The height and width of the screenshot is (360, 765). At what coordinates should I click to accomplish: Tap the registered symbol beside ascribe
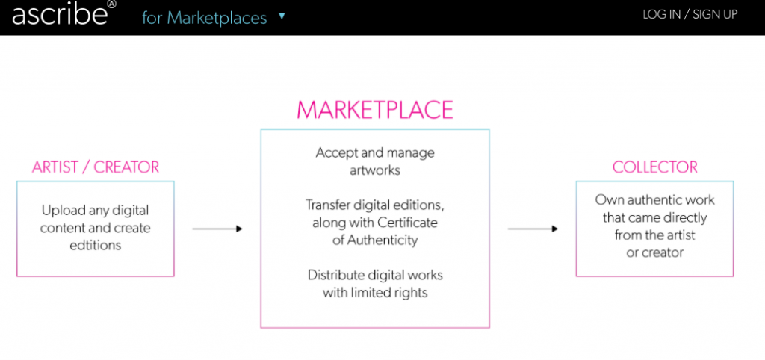tap(112, 4)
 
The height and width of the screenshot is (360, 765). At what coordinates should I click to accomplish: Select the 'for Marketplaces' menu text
tap(204, 17)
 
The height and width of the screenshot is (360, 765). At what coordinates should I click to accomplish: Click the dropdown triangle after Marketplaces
tap(282, 15)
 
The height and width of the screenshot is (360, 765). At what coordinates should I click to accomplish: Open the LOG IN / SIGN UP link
tap(690, 14)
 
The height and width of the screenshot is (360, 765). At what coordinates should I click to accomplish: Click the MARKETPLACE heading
tap(375, 110)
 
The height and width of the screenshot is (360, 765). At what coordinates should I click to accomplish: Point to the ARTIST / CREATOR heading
tap(96, 167)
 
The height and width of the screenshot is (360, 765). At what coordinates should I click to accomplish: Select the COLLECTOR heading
tap(655, 167)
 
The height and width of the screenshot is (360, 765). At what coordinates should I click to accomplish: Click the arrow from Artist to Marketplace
tap(217, 229)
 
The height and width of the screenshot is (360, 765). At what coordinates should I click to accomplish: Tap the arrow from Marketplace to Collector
tap(533, 229)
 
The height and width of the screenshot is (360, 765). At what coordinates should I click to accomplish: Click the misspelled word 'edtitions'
tap(96, 244)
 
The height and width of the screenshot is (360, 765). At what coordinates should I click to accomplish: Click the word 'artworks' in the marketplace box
tap(375, 170)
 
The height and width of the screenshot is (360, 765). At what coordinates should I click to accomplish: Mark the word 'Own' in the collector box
tap(608, 200)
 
